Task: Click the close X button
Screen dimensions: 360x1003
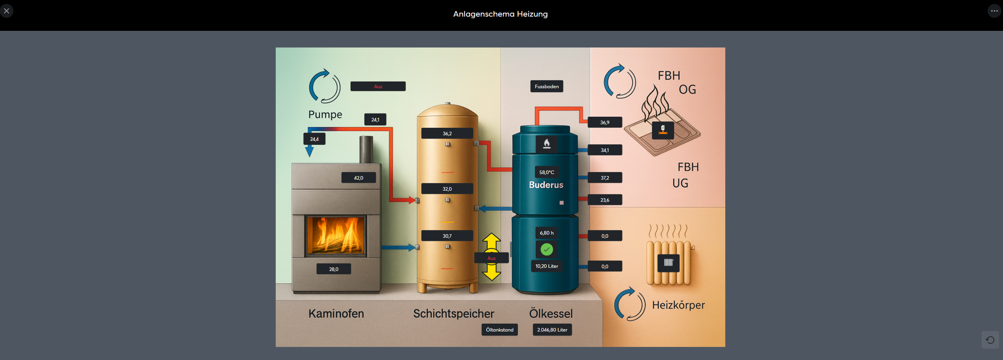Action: (x=7, y=11)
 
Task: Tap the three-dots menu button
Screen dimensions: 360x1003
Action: (x=994, y=11)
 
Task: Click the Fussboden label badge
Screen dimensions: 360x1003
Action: (x=546, y=86)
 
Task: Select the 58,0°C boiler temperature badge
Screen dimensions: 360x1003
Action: (x=546, y=172)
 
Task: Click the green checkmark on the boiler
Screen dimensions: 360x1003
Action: (x=546, y=249)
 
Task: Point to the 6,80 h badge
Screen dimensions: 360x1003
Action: (x=546, y=233)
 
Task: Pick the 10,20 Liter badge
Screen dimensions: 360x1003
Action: (x=546, y=266)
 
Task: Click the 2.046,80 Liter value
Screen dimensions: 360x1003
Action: (x=552, y=330)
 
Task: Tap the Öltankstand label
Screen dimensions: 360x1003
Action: (x=499, y=330)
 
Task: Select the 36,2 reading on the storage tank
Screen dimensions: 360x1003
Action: (x=447, y=133)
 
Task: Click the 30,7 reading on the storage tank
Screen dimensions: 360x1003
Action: (x=447, y=236)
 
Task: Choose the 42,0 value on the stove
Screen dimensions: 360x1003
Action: (x=358, y=178)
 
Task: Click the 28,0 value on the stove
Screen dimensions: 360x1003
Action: (x=334, y=269)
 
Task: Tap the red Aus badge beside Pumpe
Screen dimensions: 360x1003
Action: (x=378, y=86)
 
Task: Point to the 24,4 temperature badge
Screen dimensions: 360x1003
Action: (x=314, y=139)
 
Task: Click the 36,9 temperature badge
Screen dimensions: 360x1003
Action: (x=605, y=122)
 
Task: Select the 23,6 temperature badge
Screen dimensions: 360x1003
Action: (x=605, y=200)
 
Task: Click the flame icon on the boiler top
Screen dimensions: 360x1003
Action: (x=546, y=144)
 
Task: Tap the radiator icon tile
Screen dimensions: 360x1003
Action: (x=668, y=263)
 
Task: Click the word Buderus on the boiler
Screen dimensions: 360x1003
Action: (x=546, y=185)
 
